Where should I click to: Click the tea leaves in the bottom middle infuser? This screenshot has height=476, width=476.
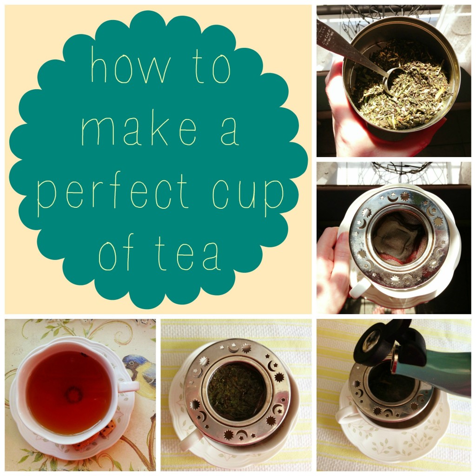(236, 390)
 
